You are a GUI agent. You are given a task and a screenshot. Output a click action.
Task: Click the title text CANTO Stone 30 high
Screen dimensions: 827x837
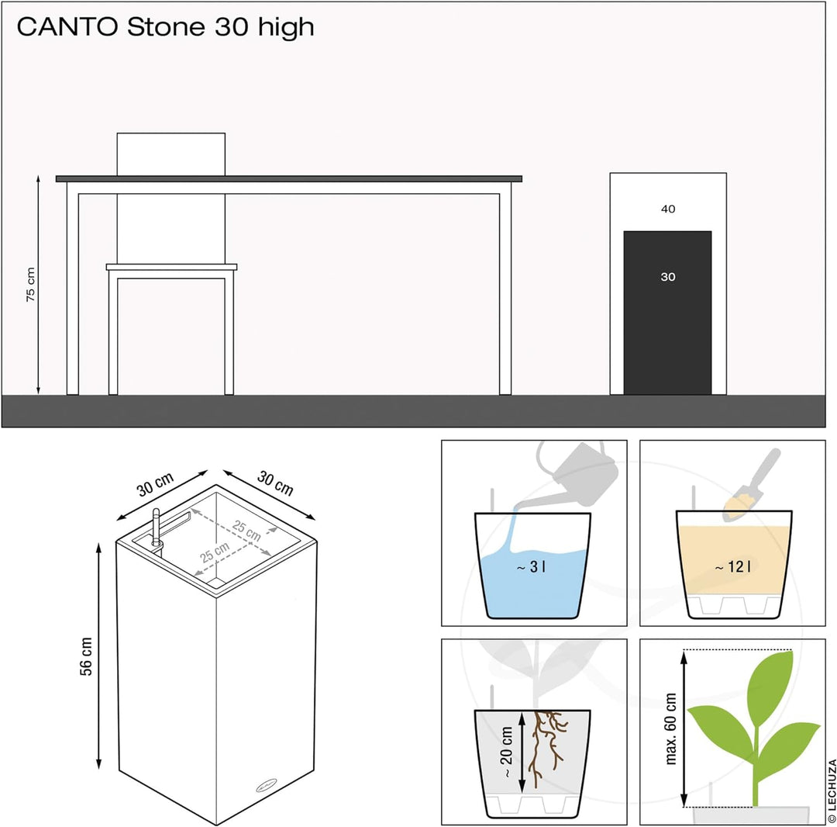165,27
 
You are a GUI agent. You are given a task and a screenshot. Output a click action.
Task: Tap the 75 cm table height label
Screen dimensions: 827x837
31,285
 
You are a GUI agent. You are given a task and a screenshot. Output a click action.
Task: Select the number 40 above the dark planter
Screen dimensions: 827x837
667,209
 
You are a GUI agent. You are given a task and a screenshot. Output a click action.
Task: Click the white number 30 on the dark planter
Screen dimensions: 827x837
667,277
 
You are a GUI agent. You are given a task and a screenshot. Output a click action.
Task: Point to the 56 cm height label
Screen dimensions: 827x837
87,656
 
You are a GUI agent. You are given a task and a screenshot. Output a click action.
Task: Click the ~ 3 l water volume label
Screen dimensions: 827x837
532,567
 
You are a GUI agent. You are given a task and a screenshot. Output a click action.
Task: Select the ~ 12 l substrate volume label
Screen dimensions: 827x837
733,567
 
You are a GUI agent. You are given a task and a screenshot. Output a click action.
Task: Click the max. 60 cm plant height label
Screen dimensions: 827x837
670,730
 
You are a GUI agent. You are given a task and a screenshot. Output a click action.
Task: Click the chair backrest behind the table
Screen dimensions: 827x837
170,154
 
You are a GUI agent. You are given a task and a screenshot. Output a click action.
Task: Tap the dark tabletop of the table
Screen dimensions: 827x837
288,178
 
